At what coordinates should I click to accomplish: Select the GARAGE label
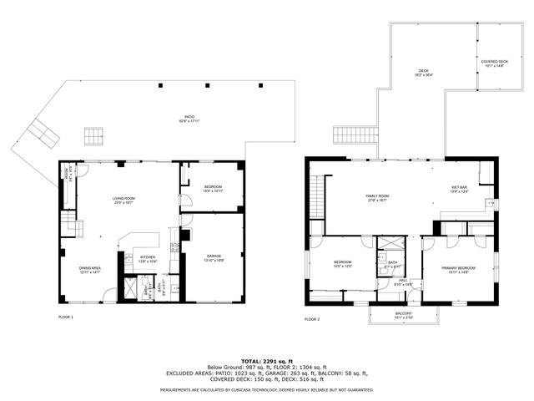pyautogui.click(x=213, y=258)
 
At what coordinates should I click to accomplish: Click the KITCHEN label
pyautogui.click(x=147, y=259)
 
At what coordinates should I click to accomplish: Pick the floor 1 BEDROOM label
pyautogui.click(x=213, y=188)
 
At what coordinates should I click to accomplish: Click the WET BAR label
pyautogui.click(x=460, y=189)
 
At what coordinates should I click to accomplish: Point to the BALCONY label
pyautogui.click(x=403, y=315)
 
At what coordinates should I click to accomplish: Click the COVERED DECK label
pyautogui.click(x=494, y=63)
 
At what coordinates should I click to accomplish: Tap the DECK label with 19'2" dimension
pyautogui.click(x=423, y=72)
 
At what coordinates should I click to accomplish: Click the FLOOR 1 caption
pyautogui.click(x=66, y=317)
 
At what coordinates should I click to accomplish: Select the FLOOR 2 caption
pyautogui.click(x=312, y=319)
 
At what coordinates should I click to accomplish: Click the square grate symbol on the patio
pyautogui.click(x=93, y=134)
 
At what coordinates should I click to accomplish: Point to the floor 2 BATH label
pyautogui.click(x=391, y=263)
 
